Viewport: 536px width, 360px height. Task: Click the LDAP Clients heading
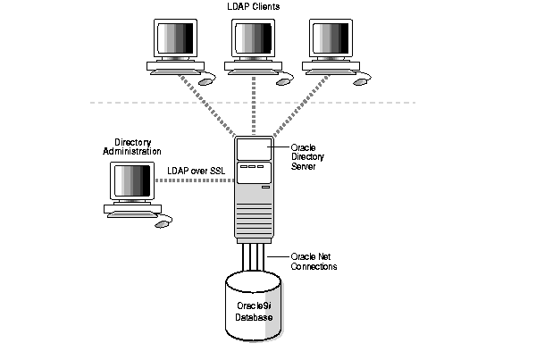[254, 7]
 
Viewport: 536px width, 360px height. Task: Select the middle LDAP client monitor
[254, 40]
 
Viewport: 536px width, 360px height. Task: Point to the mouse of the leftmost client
[205, 80]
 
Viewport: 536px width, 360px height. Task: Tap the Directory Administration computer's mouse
[162, 223]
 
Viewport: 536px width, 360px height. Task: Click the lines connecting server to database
[254, 260]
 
